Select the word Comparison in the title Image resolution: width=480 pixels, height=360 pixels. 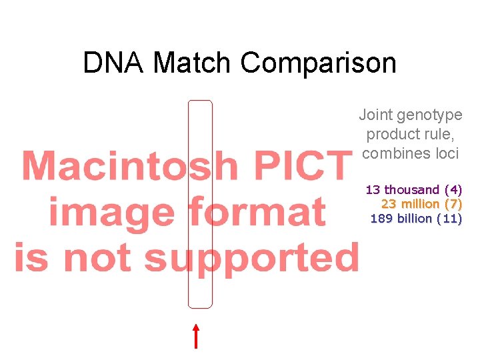click(318, 63)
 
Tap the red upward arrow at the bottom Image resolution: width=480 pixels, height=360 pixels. click(196, 336)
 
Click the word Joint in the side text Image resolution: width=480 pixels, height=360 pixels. click(375, 115)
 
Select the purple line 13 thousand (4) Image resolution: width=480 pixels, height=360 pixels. click(413, 190)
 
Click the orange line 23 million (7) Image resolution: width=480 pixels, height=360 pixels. click(421, 204)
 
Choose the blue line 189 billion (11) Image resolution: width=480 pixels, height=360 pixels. click(416, 218)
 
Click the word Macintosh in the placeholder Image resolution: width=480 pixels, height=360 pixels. click(130, 166)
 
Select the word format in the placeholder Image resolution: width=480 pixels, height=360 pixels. click(257, 212)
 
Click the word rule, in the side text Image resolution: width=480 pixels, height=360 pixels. click(434, 134)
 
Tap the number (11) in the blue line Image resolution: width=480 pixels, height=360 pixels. click(449, 218)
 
